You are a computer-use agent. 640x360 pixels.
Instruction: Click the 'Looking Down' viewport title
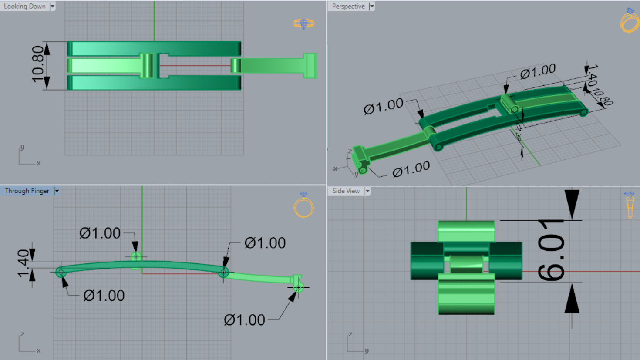click(x=25, y=7)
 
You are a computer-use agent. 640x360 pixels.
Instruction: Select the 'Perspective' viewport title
click(x=348, y=7)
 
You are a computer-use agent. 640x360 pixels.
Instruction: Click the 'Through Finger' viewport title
click(x=27, y=191)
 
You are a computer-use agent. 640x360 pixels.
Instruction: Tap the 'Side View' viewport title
click(x=346, y=191)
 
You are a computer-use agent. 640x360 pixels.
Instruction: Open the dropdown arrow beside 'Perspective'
click(x=371, y=7)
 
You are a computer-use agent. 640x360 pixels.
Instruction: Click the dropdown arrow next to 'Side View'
click(x=367, y=191)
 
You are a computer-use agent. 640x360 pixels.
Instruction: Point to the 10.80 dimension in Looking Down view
click(x=38, y=64)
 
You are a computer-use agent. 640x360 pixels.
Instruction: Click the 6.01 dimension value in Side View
click(x=551, y=250)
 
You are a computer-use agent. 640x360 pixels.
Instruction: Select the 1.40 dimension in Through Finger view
click(x=23, y=263)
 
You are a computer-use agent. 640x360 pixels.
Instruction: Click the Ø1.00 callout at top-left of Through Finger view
click(x=100, y=233)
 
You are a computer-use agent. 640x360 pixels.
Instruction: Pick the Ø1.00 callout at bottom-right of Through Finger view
click(x=244, y=320)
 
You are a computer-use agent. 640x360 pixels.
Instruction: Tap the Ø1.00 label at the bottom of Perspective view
click(x=411, y=170)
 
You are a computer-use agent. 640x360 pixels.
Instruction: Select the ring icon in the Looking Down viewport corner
click(x=303, y=24)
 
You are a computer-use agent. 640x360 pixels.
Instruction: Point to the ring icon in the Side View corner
click(x=630, y=204)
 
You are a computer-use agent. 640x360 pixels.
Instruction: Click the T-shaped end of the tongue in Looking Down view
click(x=310, y=66)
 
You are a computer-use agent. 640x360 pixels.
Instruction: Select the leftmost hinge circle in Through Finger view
click(x=61, y=273)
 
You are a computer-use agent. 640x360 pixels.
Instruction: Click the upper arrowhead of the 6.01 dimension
click(x=572, y=204)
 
